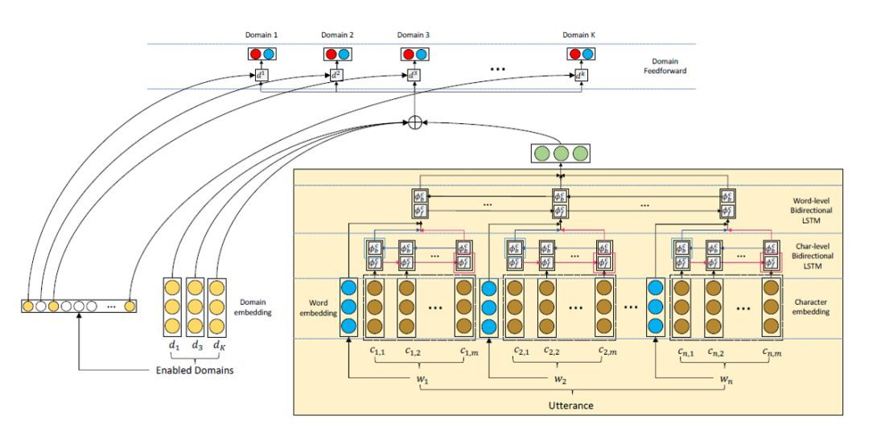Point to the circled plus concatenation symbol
pyautogui.click(x=414, y=123)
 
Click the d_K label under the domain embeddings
pyautogui.click(x=215, y=347)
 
